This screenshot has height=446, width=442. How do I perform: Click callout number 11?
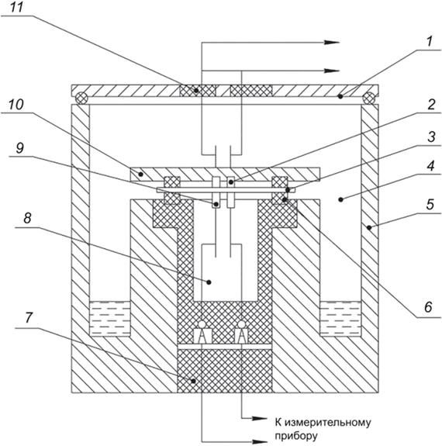(16, 7)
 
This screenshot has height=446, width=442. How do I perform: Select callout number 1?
(429, 41)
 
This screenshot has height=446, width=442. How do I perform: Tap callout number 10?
(16, 105)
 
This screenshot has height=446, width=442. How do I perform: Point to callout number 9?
(20, 147)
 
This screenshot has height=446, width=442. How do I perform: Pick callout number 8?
(27, 218)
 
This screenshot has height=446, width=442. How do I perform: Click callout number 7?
(29, 317)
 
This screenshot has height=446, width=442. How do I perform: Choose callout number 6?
(428, 307)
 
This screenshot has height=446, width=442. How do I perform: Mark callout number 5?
(430, 204)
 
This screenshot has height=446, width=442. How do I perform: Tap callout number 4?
(430, 165)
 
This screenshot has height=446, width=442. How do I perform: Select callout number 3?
(431, 137)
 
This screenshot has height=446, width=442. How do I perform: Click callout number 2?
(431, 105)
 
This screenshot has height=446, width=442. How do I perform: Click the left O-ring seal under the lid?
(81, 99)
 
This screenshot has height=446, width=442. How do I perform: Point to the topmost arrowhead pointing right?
(331, 43)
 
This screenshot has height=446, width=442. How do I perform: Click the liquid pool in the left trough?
(110, 319)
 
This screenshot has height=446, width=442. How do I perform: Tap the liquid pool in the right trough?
(340, 319)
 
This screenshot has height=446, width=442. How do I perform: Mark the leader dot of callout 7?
(193, 381)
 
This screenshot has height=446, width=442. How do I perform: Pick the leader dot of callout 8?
(209, 282)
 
